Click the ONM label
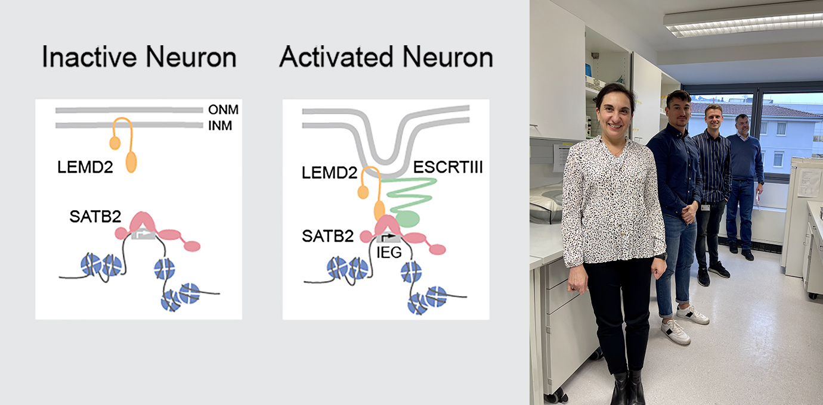point(219,110)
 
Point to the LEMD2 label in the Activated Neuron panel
point(330,173)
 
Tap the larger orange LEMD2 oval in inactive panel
point(131,162)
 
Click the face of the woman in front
point(612,111)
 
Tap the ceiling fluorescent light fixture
point(742,22)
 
